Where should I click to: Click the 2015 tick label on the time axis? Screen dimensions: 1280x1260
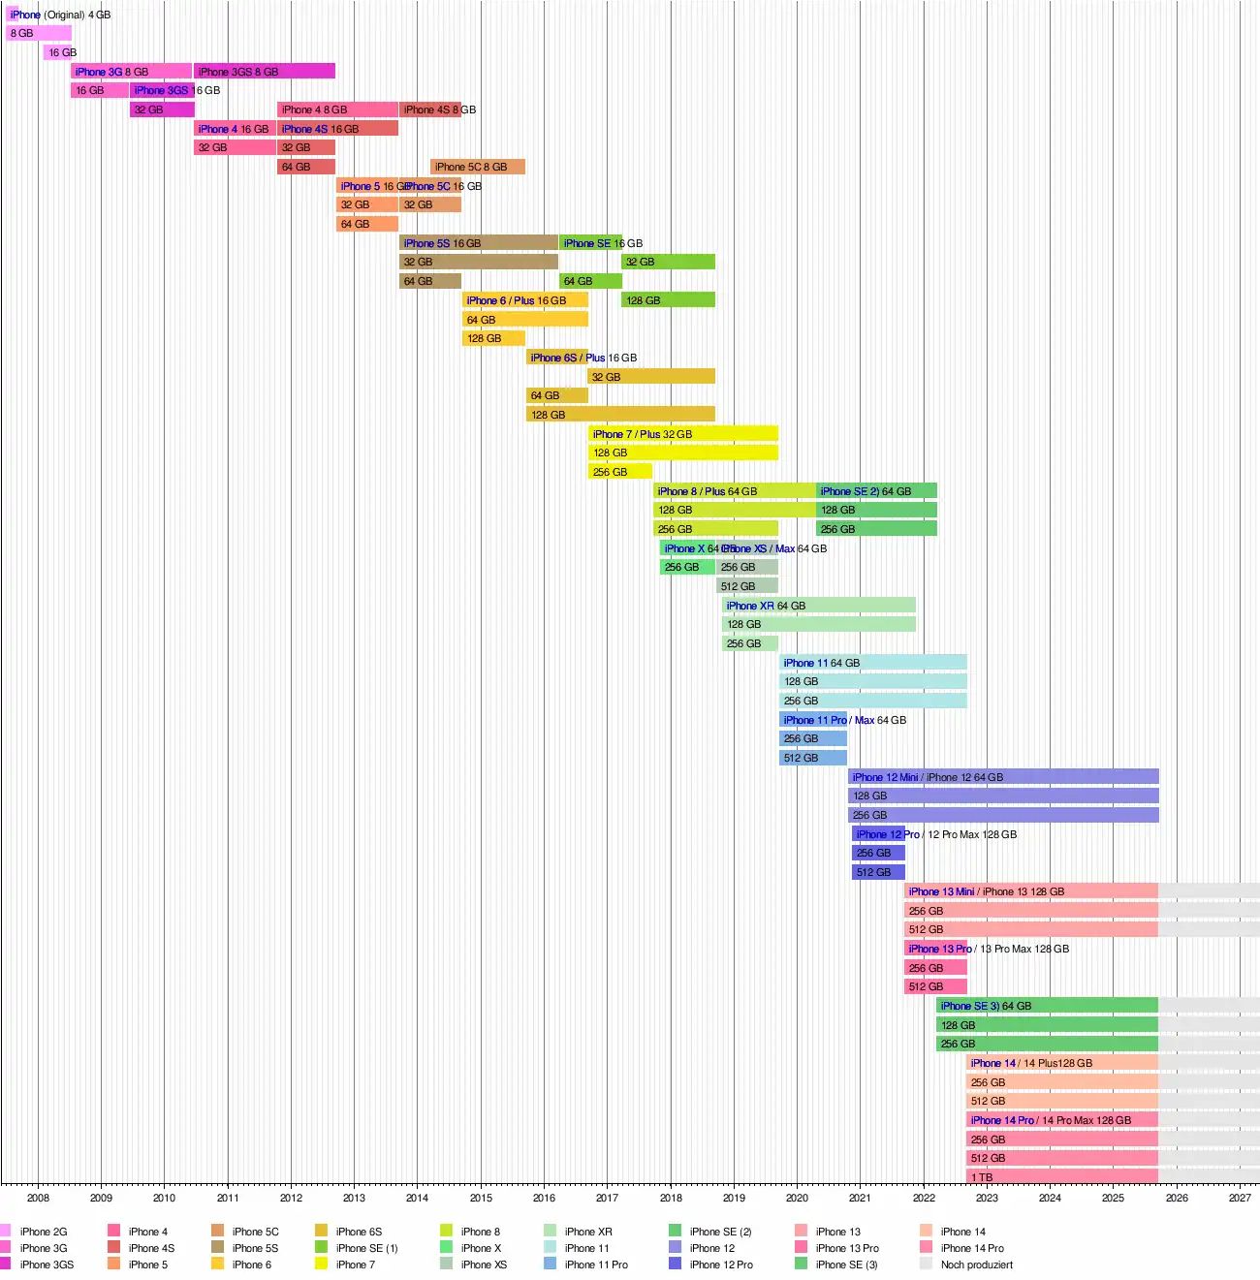tap(481, 1198)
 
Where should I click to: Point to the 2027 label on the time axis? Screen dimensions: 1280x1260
tap(1240, 1198)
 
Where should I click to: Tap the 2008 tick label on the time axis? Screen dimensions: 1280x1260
tap(38, 1198)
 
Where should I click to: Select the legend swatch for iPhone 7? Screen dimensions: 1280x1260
tap(322, 1264)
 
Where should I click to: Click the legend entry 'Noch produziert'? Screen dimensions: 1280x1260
tap(976, 1264)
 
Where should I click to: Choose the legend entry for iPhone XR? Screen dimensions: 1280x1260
tap(587, 1232)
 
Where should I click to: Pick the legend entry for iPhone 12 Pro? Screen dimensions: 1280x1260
tap(720, 1264)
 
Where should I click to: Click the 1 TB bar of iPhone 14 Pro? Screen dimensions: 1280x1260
tap(1062, 1177)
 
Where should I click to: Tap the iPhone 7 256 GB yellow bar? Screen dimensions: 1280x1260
tap(620, 472)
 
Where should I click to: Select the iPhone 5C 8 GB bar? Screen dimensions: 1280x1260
tap(478, 167)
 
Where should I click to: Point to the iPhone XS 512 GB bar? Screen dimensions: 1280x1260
tap(747, 586)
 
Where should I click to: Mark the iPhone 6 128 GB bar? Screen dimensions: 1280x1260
tap(493, 338)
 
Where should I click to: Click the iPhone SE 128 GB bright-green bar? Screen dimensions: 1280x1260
tap(668, 300)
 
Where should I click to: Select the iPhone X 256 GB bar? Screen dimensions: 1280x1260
tap(687, 567)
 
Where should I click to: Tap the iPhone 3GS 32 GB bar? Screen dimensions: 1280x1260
tap(162, 109)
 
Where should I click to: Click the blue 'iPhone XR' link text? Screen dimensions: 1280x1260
tap(750, 606)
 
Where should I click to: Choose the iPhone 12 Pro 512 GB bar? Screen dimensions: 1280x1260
tap(878, 872)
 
